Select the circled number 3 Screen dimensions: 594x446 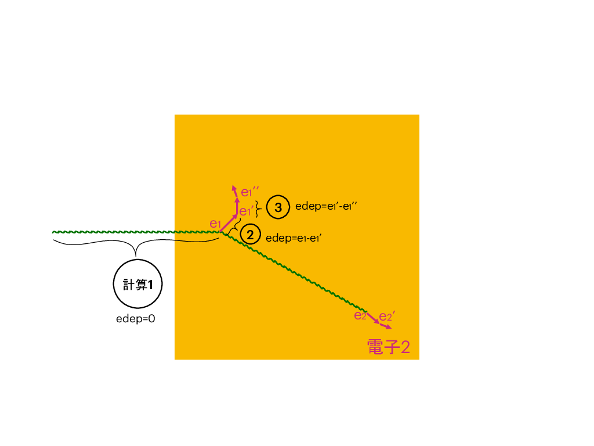click(x=278, y=207)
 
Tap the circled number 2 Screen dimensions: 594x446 click(x=250, y=235)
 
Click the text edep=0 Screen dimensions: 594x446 click(x=136, y=319)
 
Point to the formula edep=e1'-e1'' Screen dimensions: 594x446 click(x=326, y=206)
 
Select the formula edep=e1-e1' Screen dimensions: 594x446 click(x=294, y=238)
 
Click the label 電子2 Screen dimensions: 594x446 click(x=389, y=347)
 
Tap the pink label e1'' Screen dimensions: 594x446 click(x=250, y=192)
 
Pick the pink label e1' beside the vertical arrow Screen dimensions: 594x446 click(x=246, y=211)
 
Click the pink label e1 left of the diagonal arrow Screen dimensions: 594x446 click(x=215, y=224)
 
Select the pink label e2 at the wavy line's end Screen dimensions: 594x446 click(x=360, y=315)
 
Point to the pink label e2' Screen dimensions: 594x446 click(x=387, y=315)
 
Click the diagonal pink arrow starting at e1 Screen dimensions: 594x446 click(x=229, y=224)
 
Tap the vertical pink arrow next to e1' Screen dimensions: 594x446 click(x=237, y=207)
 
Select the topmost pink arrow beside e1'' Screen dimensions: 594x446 click(x=234, y=191)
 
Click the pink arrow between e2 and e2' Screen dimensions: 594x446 click(x=373, y=318)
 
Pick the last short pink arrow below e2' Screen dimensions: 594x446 click(x=386, y=326)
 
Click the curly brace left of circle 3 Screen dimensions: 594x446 click(x=258, y=208)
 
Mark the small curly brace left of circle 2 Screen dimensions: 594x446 click(x=235, y=227)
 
